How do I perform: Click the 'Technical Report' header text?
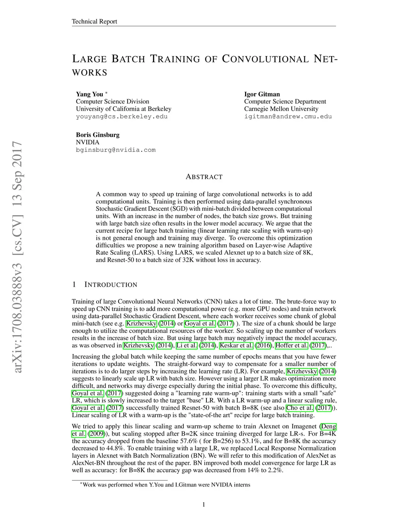coord(94,22)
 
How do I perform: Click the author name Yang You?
coord(90,94)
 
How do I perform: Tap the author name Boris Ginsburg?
coord(98,135)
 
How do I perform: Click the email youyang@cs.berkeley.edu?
coord(122,116)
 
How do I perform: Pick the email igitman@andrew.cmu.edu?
coord(288,116)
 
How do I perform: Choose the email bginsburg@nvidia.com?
coord(116,150)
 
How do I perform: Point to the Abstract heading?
coord(204,177)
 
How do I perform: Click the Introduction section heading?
coord(111,285)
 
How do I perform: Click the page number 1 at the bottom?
coord(204,505)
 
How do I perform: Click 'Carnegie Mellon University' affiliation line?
coord(281,109)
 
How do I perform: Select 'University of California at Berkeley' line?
coord(124,109)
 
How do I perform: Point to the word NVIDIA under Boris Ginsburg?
coord(88,142)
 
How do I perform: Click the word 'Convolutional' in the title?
coord(265,59)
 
